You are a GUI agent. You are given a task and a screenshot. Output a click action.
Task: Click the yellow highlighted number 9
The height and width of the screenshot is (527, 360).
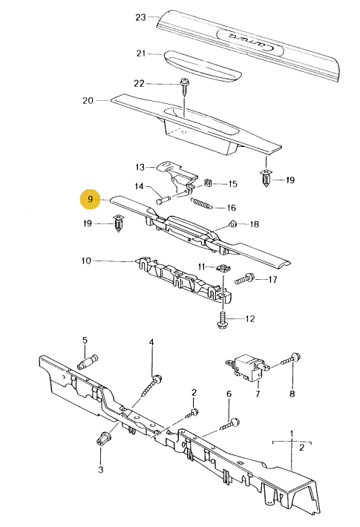click(x=90, y=199)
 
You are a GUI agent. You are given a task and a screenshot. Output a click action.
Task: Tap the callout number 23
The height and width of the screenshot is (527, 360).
click(x=140, y=17)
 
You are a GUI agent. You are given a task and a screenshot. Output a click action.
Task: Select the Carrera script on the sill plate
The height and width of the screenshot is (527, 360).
click(x=251, y=42)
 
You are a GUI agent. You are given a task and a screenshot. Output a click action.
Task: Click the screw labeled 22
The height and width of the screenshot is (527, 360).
click(x=184, y=87)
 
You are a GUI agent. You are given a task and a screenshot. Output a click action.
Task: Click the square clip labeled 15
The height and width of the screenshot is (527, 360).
click(x=208, y=183)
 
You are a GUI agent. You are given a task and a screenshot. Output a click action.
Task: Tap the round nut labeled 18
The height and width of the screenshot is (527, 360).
click(x=232, y=223)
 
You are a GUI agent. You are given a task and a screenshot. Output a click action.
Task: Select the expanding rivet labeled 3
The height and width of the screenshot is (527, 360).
click(x=105, y=438)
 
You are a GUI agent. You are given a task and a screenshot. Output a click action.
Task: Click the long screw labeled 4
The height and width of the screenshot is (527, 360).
click(x=152, y=387)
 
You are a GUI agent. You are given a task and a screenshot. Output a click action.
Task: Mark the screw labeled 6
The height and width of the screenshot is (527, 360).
click(x=230, y=424)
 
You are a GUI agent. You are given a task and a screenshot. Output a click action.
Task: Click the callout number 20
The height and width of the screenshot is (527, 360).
click(x=88, y=100)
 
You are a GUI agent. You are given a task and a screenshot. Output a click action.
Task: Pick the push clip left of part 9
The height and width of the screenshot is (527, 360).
click(x=119, y=223)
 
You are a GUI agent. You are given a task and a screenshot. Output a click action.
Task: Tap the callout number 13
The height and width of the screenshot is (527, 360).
click(x=140, y=167)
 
